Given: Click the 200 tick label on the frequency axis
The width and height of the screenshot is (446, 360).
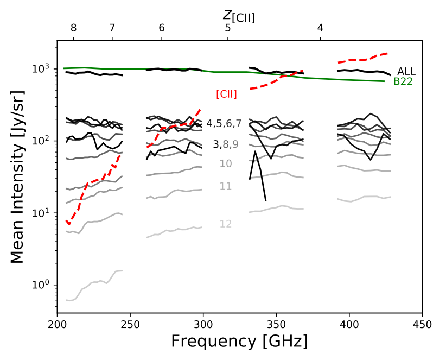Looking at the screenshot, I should [x=57, y=325].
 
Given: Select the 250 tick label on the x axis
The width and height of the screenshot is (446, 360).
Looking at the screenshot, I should [x=130, y=325].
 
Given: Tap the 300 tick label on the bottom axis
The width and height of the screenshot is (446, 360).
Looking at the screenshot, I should [x=203, y=325].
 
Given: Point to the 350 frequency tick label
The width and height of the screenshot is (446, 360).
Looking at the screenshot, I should [x=276, y=325].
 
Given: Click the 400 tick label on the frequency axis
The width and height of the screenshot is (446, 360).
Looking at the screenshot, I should [x=349, y=325].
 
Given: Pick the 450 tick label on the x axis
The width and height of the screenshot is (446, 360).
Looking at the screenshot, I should [x=422, y=325].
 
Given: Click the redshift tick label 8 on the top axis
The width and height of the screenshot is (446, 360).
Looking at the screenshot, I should [x=74, y=28].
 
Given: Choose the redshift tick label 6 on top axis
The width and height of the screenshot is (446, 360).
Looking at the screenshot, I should [x=162, y=28].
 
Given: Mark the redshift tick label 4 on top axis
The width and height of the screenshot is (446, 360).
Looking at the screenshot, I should [x=321, y=28].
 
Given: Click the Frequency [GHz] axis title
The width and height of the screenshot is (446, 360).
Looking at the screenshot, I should [x=239, y=342].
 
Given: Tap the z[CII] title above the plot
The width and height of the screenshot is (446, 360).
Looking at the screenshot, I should [x=239, y=16].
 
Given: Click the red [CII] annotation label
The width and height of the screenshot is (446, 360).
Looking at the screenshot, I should [x=226, y=93].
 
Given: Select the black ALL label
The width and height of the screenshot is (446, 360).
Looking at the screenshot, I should [x=406, y=71].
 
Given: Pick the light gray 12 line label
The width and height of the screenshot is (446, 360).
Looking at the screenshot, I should [x=226, y=224].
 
